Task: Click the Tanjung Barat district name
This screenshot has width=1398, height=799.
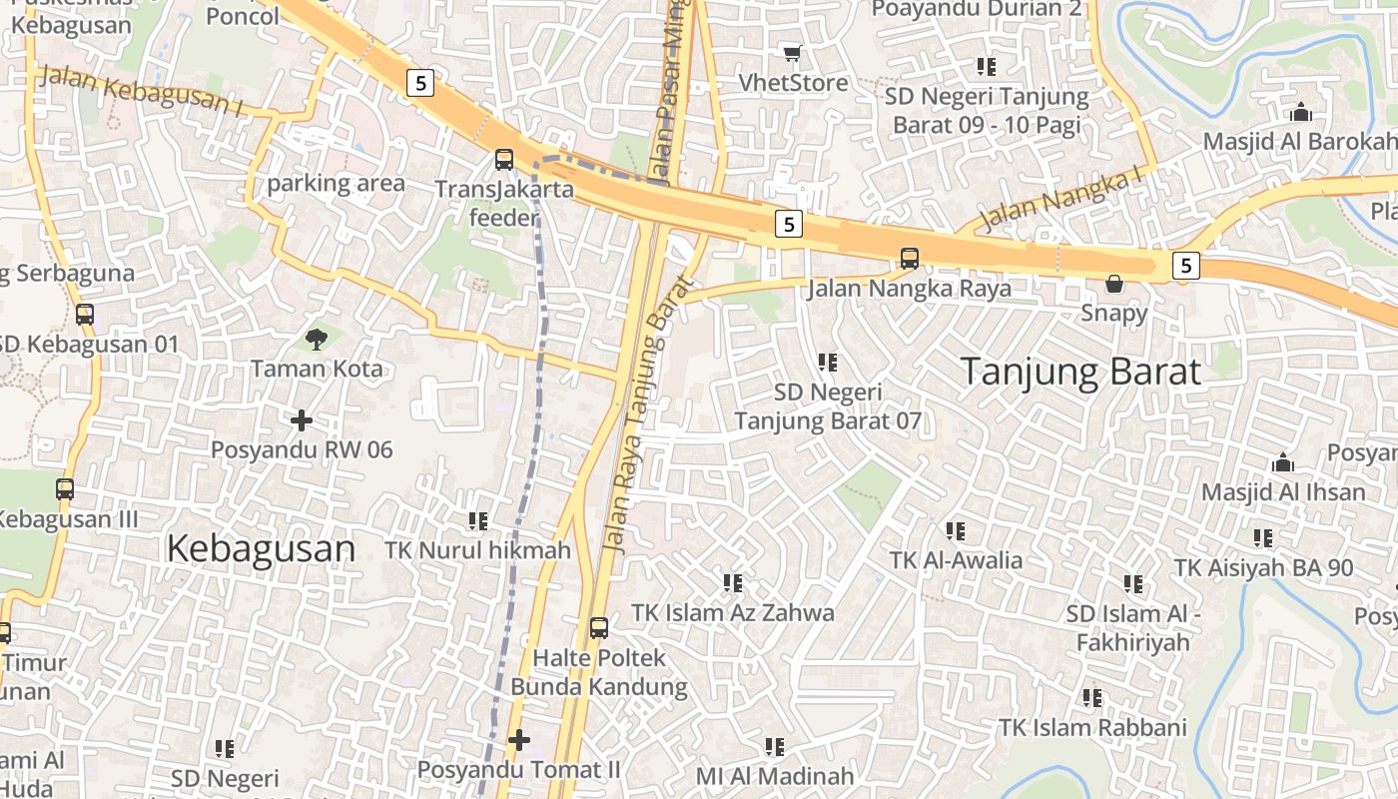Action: [1080, 372]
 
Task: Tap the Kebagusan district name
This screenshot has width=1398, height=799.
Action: [261, 548]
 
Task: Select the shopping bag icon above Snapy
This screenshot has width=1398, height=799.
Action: [1114, 285]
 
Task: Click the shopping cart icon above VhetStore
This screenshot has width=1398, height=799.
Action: [792, 53]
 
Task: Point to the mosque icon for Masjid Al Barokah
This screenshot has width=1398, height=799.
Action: [1300, 112]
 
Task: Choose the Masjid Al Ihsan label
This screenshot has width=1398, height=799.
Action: [1283, 491]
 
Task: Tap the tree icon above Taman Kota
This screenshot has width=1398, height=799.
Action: [316, 340]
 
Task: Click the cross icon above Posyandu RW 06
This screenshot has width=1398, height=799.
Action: [301, 420]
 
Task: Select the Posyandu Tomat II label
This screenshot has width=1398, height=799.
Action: [518, 770]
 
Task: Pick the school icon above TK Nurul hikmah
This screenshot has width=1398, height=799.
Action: [477, 520]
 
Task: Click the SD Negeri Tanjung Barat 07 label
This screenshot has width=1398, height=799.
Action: [828, 406]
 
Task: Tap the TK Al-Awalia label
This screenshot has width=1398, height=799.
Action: [956, 560]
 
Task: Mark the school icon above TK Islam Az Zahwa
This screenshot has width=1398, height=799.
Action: [732, 582]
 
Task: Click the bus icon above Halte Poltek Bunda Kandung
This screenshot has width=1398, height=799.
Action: [598, 628]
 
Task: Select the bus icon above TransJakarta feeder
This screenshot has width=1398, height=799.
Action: [504, 159]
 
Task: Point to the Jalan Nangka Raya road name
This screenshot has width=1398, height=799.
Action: [909, 289]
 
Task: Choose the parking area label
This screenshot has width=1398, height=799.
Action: [336, 184]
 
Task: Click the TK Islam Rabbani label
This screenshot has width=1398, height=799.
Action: [1092, 727]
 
